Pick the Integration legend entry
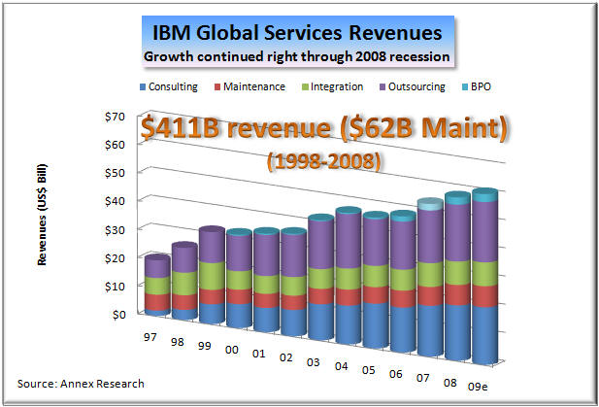coord(334,86)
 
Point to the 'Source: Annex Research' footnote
coord(81,383)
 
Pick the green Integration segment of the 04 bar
coord(349,276)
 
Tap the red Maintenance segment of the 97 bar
coord(157,301)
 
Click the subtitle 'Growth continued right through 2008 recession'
coord(297,56)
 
